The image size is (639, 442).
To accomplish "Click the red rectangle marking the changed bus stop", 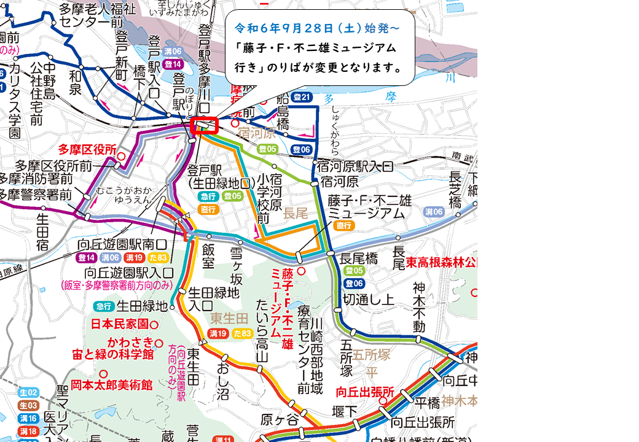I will coord(205,125).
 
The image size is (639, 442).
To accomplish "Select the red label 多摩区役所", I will coord(87,149).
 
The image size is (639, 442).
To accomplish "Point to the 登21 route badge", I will coord(302,96).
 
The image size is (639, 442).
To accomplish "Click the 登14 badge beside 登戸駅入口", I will coord(173,64).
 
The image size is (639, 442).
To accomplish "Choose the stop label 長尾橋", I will coord(359,258).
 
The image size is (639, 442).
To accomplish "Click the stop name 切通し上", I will coord(368,300).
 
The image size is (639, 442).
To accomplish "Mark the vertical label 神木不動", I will coord(419,307).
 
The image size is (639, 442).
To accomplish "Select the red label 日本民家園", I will coord(120,324).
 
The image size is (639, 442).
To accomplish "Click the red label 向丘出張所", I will coord(364,392).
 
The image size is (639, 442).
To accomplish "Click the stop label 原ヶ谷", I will coord(274,421).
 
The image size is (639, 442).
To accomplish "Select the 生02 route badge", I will coord(28,392).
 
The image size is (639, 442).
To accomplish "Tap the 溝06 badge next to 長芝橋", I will coord(434,212).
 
